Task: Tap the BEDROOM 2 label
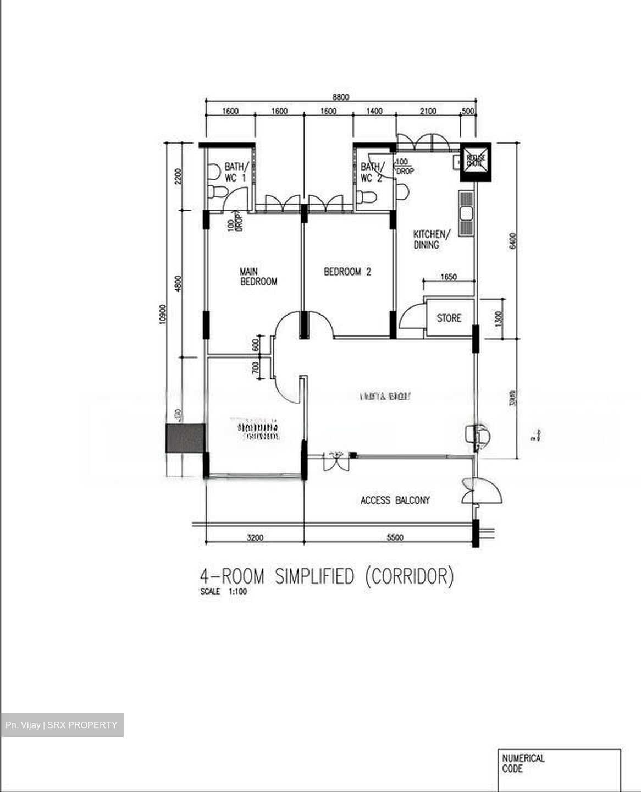(x=347, y=271)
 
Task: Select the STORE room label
(x=449, y=318)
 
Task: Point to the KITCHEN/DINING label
(x=432, y=239)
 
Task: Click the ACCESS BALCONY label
(x=395, y=501)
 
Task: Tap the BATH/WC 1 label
(x=236, y=172)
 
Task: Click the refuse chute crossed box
(x=474, y=161)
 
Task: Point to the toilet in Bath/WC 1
(x=217, y=193)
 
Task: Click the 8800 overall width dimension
(x=341, y=97)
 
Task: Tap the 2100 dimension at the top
(x=428, y=111)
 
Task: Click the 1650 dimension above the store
(x=449, y=277)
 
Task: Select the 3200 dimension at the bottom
(x=255, y=537)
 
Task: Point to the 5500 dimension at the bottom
(x=395, y=537)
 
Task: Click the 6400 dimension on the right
(x=512, y=241)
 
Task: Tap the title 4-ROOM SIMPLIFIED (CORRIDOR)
(x=327, y=577)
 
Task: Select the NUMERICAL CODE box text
(x=523, y=763)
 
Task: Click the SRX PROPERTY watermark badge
(x=62, y=725)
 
